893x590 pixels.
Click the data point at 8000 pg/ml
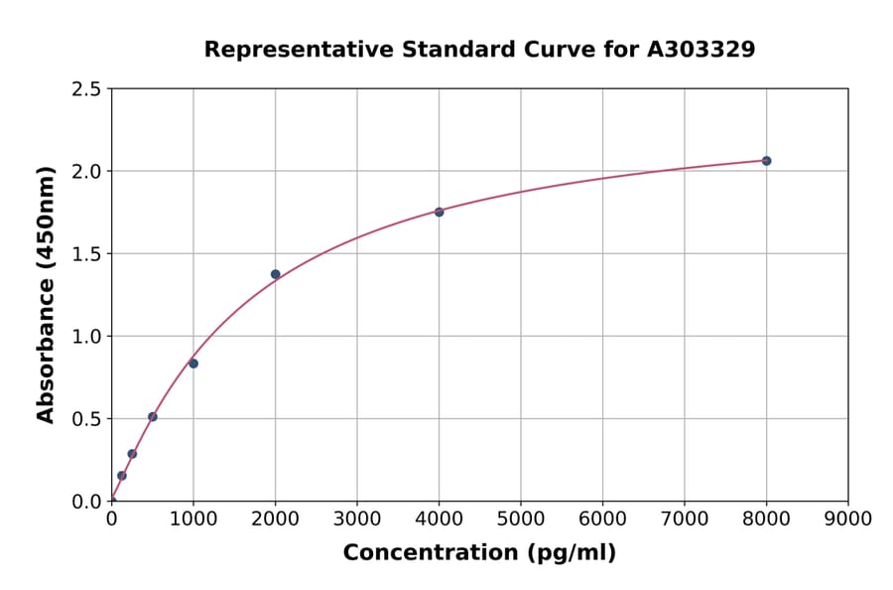click(766, 161)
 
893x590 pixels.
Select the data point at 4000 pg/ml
click(439, 212)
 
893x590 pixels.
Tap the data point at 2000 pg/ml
click(275, 274)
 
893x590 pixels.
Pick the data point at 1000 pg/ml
click(193, 364)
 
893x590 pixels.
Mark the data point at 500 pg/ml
click(153, 417)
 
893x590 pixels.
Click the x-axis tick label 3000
click(357, 518)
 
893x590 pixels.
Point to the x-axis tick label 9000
click(848, 518)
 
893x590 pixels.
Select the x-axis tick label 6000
click(602, 518)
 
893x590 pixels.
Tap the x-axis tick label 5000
click(521, 518)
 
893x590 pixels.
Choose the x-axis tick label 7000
click(685, 518)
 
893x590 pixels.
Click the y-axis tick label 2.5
click(87, 89)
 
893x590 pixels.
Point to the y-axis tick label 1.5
click(87, 254)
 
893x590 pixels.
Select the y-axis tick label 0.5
click(87, 419)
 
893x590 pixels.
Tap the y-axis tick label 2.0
click(87, 172)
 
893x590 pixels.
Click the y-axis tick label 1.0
click(87, 337)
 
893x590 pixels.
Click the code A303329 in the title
click(701, 50)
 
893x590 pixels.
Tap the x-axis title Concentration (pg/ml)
click(479, 553)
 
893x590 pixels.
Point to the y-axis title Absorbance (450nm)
click(46, 294)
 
